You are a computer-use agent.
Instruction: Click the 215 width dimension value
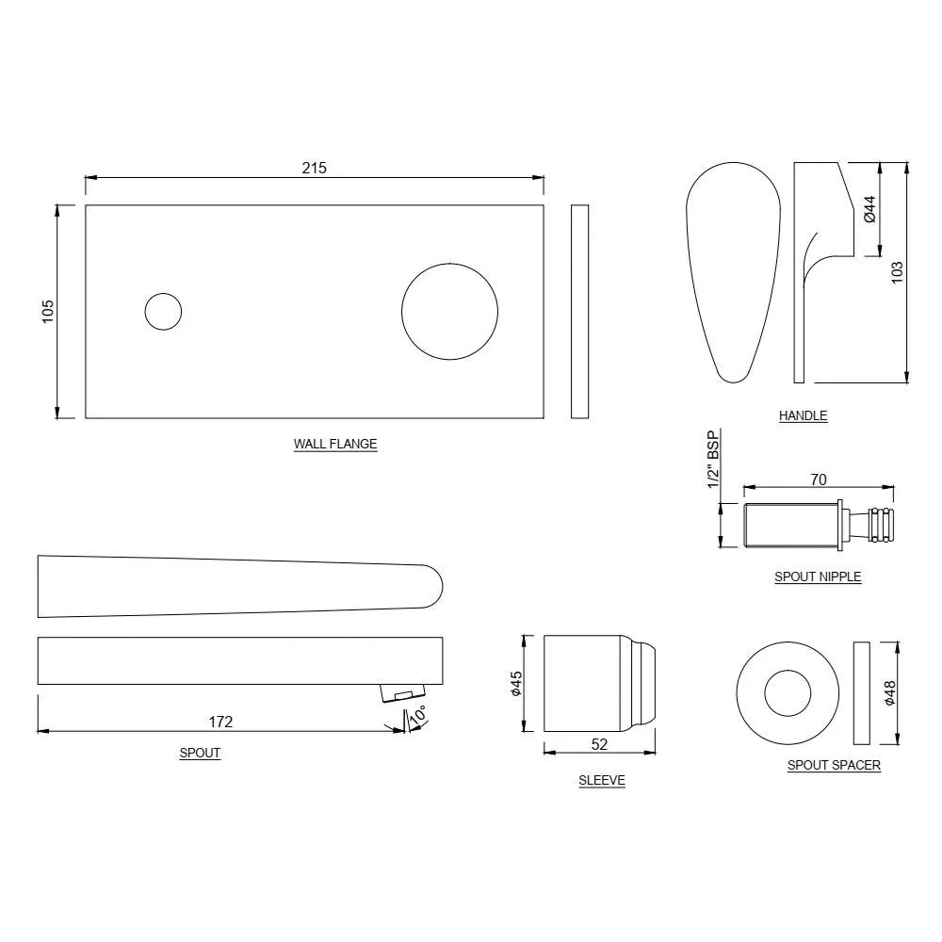(314, 168)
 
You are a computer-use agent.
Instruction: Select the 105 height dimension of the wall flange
(48, 311)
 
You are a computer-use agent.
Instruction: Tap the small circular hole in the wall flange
(163, 311)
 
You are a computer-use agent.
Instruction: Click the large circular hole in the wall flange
(449, 311)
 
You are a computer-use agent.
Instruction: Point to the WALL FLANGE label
(335, 444)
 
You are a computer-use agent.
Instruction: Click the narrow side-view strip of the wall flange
(579, 311)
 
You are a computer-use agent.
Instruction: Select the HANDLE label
(803, 415)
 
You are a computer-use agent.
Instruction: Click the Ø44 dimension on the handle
(869, 208)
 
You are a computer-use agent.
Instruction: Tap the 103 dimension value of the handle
(897, 272)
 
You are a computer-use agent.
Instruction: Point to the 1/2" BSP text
(713, 461)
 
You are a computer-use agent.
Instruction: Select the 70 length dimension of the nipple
(818, 479)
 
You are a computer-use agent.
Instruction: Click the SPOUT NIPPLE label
(818, 577)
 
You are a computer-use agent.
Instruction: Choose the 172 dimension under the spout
(220, 722)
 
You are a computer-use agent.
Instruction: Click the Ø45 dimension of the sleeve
(515, 683)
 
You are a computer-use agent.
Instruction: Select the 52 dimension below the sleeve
(599, 743)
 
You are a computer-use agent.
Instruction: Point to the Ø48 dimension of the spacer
(890, 693)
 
